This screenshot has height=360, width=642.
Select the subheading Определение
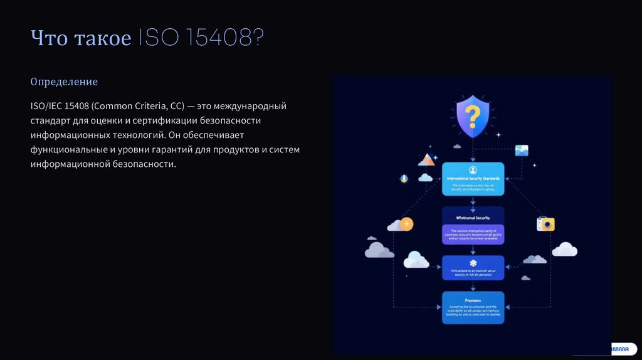64,82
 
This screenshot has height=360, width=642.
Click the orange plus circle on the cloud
407,223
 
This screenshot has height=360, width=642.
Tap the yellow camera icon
545,224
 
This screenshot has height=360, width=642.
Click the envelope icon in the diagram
522,151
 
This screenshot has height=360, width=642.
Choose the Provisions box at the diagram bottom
473,307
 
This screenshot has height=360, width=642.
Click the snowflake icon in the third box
473,262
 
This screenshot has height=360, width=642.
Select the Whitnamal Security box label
473,218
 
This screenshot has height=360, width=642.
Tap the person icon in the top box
473,170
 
